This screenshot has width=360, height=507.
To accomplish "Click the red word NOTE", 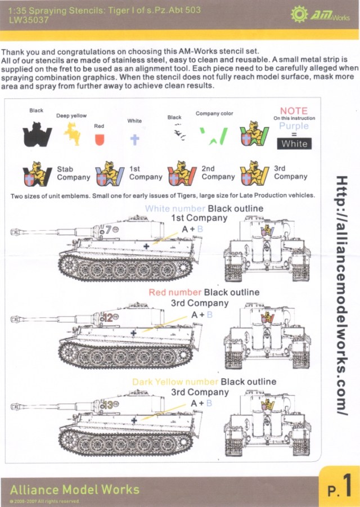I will pos(294,111).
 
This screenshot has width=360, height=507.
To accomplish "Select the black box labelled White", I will pos(294,143).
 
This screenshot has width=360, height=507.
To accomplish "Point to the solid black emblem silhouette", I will pos(37,135).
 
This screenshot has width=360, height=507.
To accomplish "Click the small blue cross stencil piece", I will pos(134,138).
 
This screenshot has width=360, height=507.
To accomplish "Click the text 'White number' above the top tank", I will pos(175,209).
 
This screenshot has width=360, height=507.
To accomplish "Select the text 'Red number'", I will pos(175,293).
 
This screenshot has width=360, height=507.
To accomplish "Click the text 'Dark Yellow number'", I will pos(175,382).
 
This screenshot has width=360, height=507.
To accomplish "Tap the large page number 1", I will pos(347,485).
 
